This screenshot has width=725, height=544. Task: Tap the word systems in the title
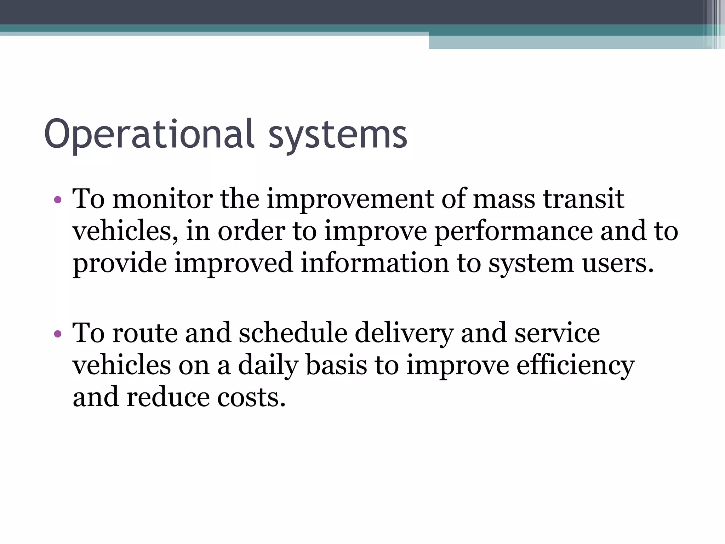click(x=338, y=135)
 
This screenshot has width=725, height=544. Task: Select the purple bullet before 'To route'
click(x=58, y=334)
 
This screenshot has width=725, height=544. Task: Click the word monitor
click(x=162, y=199)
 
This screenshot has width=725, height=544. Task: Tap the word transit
click(x=584, y=199)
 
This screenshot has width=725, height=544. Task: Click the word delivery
click(x=404, y=333)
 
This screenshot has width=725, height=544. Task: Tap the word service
click(x=557, y=333)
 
